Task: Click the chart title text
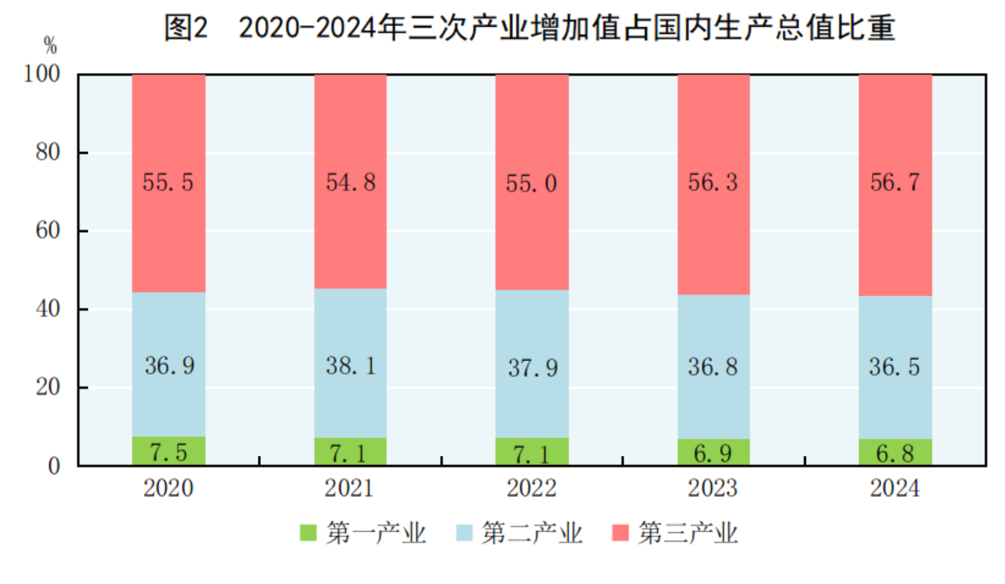pyautogui.click(x=529, y=28)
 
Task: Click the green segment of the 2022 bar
pyautogui.click(x=532, y=452)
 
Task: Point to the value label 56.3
pyautogui.click(x=713, y=182)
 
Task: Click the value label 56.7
pyautogui.click(x=894, y=182)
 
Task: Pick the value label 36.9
pyautogui.click(x=169, y=366)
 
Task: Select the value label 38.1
pyautogui.click(x=351, y=366)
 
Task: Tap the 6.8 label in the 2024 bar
pyautogui.click(x=894, y=453)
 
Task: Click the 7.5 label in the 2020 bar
pyautogui.click(x=169, y=452)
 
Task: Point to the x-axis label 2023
pyautogui.click(x=713, y=488)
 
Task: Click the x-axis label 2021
pyautogui.click(x=349, y=488)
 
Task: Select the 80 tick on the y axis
pyautogui.click(x=48, y=152)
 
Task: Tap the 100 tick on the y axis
pyautogui.click(x=42, y=74)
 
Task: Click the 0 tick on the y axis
pyautogui.click(x=54, y=466)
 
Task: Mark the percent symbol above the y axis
pyautogui.click(x=50, y=45)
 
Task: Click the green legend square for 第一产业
pyautogui.click(x=308, y=533)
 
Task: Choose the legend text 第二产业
pyautogui.click(x=532, y=533)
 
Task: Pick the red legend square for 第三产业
pyautogui.click(x=620, y=533)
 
